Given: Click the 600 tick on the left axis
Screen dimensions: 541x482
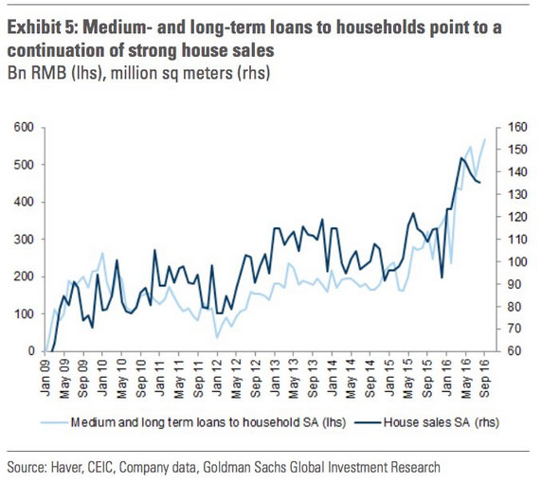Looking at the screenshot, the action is point(24,127).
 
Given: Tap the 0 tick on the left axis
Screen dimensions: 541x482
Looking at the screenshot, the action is point(31,351).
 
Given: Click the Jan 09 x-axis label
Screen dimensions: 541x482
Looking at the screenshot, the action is point(45,376).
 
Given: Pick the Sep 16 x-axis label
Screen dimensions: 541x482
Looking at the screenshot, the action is point(485,377).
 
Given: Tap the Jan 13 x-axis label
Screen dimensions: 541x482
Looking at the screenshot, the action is point(275,376).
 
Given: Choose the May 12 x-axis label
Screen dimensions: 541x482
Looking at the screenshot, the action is point(236,377).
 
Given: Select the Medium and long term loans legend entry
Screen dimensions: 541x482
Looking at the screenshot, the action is point(194,422).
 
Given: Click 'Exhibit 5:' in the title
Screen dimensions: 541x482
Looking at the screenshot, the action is point(43,27).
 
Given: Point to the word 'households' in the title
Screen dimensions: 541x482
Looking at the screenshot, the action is point(380,27).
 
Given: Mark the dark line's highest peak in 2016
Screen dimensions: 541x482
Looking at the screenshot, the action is point(461,158).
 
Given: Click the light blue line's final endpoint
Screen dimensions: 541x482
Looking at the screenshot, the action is point(485,139).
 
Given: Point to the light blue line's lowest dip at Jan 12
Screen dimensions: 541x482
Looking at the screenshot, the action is point(217,337).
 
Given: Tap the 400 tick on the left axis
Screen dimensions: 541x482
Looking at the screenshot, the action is point(24,202).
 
